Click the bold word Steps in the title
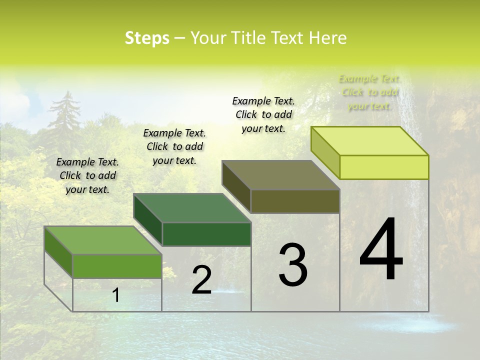click(x=147, y=38)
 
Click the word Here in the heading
click(x=327, y=38)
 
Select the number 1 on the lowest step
click(x=116, y=295)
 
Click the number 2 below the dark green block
click(x=201, y=280)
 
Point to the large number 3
click(x=293, y=265)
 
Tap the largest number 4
click(x=381, y=250)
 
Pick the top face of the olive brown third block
click(x=281, y=175)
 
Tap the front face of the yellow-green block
click(x=384, y=167)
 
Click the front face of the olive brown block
click(x=295, y=201)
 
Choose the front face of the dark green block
click(x=206, y=234)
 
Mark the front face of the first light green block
click(x=117, y=266)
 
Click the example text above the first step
click(x=87, y=175)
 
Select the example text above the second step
click(x=174, y=146)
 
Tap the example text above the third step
click(x=263, y=114)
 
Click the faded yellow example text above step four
click(x=369, y=92)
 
